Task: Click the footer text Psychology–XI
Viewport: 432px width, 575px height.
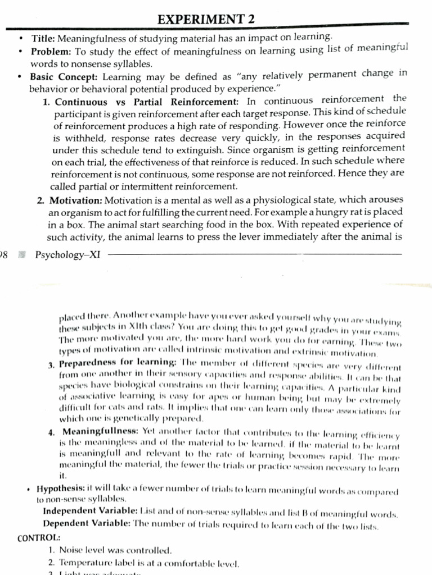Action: (67, 255)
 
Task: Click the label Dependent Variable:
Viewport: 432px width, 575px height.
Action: (86, 523)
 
